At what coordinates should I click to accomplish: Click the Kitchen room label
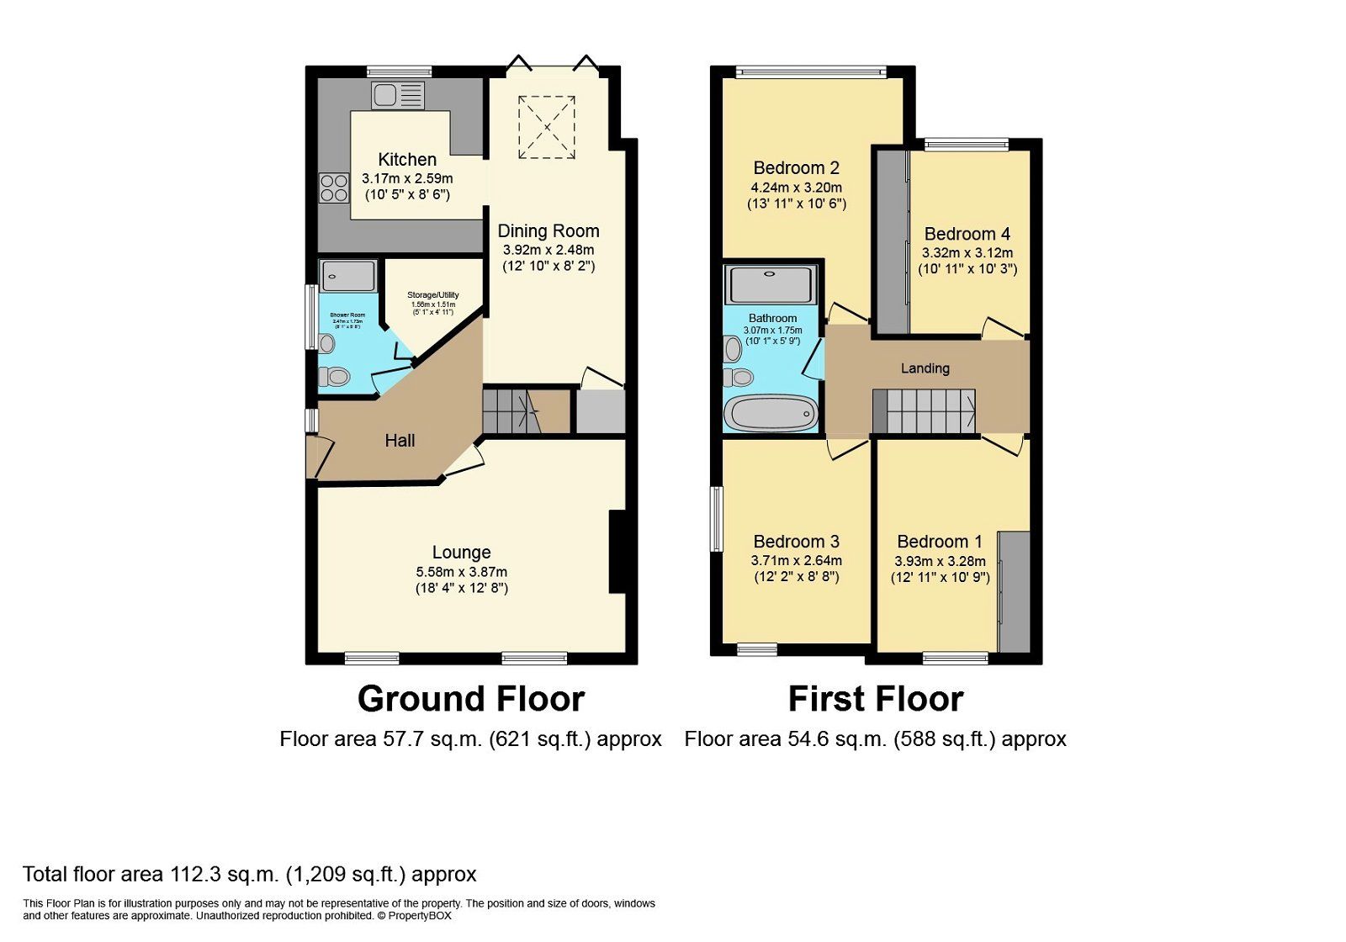407,160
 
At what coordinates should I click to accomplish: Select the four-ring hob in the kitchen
334,187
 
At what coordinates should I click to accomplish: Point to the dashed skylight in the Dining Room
548,127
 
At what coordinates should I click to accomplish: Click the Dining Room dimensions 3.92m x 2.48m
548,250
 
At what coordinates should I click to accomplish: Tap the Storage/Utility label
433,295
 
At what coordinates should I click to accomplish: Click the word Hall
400,441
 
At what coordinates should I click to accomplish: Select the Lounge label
461,553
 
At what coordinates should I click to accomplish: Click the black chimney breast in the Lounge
617,552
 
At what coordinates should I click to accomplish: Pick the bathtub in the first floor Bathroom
771,414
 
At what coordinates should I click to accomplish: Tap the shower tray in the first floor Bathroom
771,284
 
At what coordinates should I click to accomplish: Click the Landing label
925,368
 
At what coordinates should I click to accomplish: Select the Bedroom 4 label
967,234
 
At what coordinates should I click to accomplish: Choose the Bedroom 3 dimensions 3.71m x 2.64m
796,560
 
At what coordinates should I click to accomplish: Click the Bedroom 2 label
796,168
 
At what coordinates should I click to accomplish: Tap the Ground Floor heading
470,699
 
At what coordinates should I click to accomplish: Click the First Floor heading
875,699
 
